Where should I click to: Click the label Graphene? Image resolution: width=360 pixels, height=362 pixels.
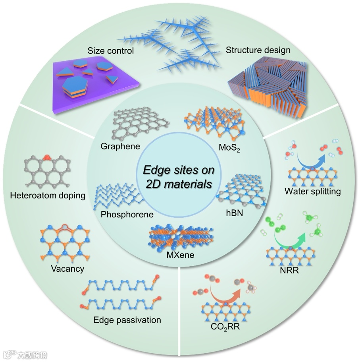point(120,146)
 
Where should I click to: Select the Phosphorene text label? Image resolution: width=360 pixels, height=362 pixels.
point(127,215)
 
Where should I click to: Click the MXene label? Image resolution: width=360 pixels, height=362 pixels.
point(180,255)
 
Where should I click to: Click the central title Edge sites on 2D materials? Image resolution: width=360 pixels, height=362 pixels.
point(179,178)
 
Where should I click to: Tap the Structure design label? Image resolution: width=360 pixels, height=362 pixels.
point(258,50)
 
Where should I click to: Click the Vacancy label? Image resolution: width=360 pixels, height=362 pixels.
point(67,269)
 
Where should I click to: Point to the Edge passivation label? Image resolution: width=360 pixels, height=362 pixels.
point(127,320)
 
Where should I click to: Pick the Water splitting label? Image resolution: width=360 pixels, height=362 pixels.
point(313,192)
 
